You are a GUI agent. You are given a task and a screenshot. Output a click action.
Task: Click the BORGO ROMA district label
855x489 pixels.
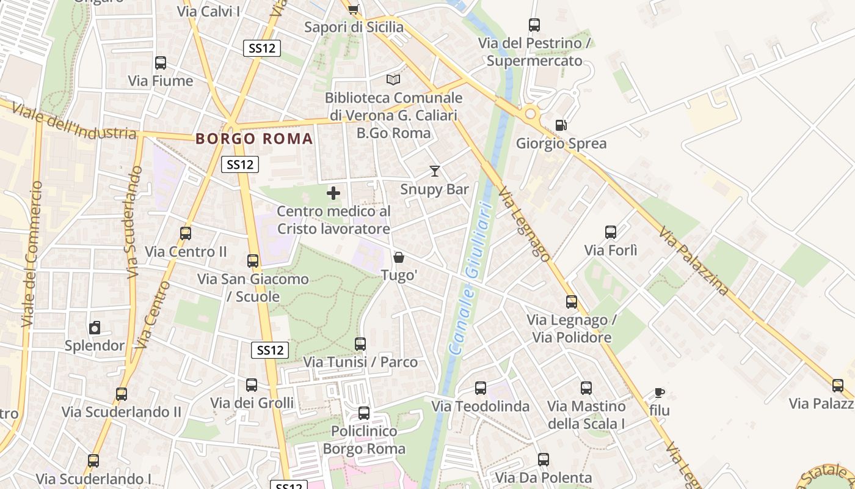point(254,139)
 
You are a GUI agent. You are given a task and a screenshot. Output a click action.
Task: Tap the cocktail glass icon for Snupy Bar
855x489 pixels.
point(434,171)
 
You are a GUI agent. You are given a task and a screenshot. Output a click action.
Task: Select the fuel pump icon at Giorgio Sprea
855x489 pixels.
point(561,125)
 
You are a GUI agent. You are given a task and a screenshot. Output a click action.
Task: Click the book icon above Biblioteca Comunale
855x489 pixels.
point(393,79)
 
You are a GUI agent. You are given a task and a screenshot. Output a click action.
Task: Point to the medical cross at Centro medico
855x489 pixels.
point(333,194)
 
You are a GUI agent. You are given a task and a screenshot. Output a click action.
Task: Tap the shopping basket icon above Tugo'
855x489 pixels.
point(399,257)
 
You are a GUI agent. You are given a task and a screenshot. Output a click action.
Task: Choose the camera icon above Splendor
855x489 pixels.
point(95,328)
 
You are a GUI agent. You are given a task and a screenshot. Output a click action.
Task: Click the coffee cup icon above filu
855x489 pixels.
point(659,392)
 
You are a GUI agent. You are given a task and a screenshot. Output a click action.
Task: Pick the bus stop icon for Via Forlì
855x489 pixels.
point(611,232)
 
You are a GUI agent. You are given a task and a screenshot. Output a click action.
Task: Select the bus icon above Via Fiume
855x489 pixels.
point(161,63)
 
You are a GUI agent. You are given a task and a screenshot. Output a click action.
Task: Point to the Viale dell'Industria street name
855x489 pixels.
point(73,122)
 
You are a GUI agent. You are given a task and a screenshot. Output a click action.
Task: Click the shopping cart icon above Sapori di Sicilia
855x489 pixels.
point(353,9)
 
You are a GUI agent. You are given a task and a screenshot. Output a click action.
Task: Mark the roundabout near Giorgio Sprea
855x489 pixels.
point(530,114)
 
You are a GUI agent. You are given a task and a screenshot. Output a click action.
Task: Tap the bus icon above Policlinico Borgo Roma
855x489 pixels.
point(364,413)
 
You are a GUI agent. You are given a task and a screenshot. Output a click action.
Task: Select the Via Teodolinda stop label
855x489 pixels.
point(481,406)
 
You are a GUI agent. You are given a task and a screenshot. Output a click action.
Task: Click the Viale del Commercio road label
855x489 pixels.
point(31,254)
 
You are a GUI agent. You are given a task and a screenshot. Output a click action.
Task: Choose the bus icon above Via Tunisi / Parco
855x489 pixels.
point(360,344)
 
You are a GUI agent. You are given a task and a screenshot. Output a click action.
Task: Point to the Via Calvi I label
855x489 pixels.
point(208,11)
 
